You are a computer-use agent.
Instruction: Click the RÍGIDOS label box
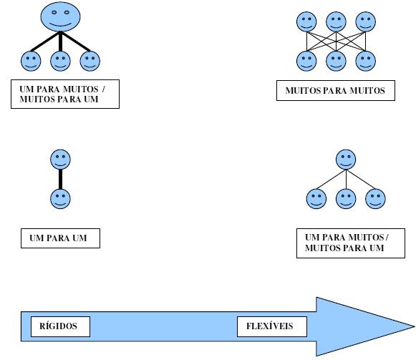click(x=60, y=326)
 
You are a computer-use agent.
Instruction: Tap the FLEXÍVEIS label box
click(x=272, y=326)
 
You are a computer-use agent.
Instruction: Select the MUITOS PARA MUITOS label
click(x=336, y=90)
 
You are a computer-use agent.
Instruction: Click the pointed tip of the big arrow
click(x=415, y=326)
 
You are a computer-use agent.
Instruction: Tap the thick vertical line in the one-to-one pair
click(x=60, y=180)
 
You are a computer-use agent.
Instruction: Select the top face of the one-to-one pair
click(x=60, y=160)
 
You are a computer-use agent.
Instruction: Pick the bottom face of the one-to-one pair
click(x=60, y=199)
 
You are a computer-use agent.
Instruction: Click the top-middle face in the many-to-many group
click(x=336, y=21)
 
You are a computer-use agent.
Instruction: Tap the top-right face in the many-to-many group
click(x=366, y=21)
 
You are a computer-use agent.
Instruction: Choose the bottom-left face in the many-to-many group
click(x=306, y=61)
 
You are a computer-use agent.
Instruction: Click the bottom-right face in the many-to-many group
click(x=366, y=61)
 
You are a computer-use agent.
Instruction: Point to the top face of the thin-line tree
click(x=346, y=160)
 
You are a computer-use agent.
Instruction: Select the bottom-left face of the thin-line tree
click(x=316, y=199)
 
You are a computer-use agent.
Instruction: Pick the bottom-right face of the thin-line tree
click(x=375, y=199)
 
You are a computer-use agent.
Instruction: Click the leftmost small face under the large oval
click(x=31, y=61)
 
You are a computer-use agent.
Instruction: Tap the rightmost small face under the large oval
click(x=90, y=61)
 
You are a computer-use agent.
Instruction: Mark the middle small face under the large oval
click(x=60, y=61)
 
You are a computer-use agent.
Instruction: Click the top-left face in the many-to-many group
click(x=306, y=21)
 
